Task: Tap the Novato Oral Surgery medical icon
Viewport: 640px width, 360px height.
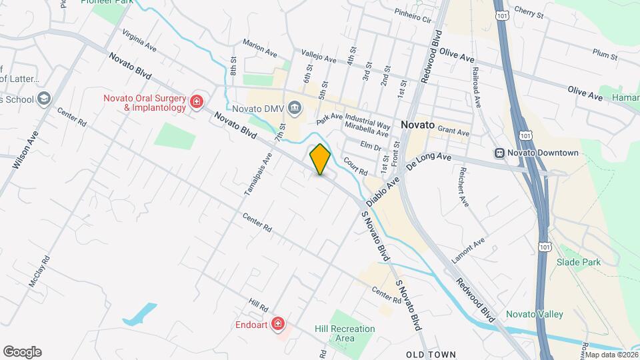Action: click(x=196, y=101)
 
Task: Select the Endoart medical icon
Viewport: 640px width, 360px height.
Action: click(x=278, y=325)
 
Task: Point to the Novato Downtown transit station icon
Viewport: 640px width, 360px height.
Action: click(x=499, y=153)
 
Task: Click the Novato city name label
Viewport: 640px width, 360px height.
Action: click(x=418, y=125)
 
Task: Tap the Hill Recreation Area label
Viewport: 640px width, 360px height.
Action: click(x=345, y=333)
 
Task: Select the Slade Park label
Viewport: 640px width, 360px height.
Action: click(x=579, y=262)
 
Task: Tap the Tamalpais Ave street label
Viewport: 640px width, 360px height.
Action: click(x=258, y=174)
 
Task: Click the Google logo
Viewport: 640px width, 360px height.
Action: click(x=22, y=351)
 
